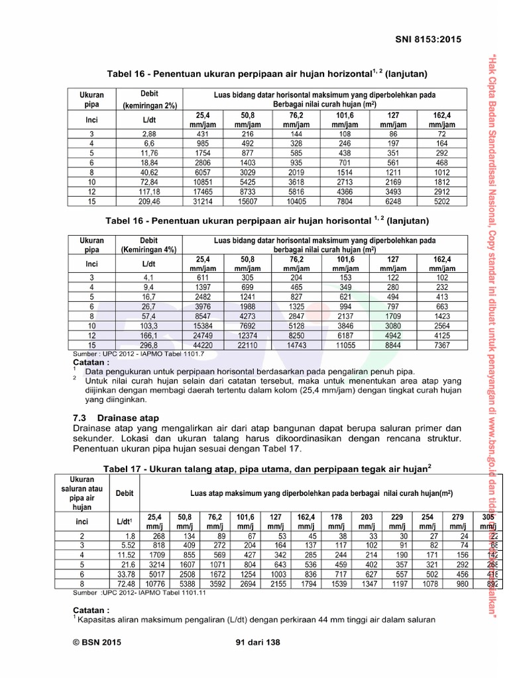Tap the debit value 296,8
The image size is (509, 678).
pyautogui.click(x=149, y=345)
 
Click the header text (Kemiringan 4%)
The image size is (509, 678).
pyautogui.click(x=149, y=250)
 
